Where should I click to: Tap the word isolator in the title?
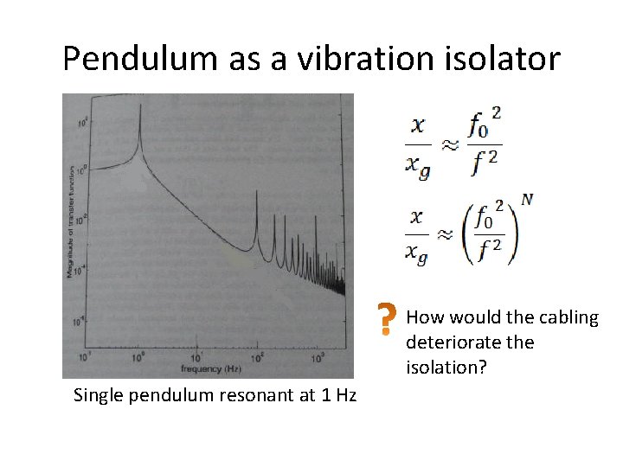(x=501, y=59)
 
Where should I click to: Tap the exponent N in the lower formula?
(x=527, y=200)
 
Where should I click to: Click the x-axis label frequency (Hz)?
(x=209, y=369)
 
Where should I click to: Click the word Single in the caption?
(x=97, y=396)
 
